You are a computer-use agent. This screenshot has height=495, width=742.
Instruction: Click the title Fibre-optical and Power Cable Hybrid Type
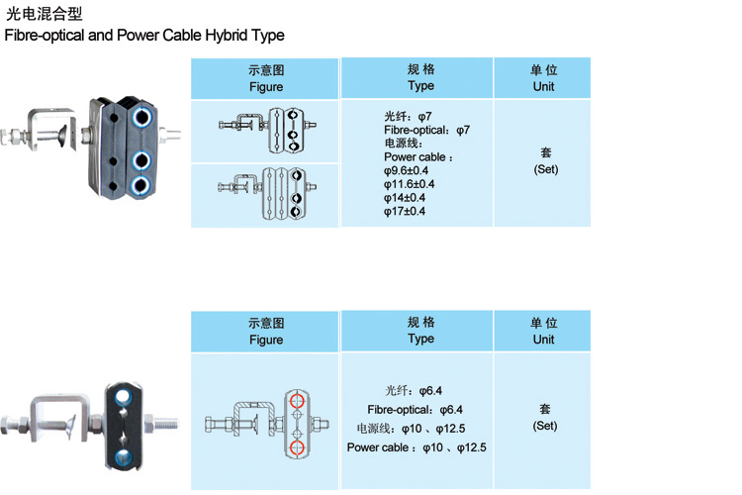(x=144, y=36)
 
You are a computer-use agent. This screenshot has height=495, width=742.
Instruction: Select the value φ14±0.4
(x=406, y=197)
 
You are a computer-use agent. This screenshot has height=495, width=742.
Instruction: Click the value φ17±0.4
(x=406, y=211)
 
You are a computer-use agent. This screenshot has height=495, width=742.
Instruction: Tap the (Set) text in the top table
(x=545, y=169)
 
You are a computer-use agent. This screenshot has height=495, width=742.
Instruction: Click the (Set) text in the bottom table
(x=545, y=426)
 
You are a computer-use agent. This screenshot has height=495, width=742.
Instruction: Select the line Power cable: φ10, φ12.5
(x=417, y=447)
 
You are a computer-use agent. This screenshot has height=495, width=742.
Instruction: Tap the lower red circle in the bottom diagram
(x=295, y=447)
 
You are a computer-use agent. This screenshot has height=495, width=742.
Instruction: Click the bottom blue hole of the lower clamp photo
(x=121, y=454)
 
